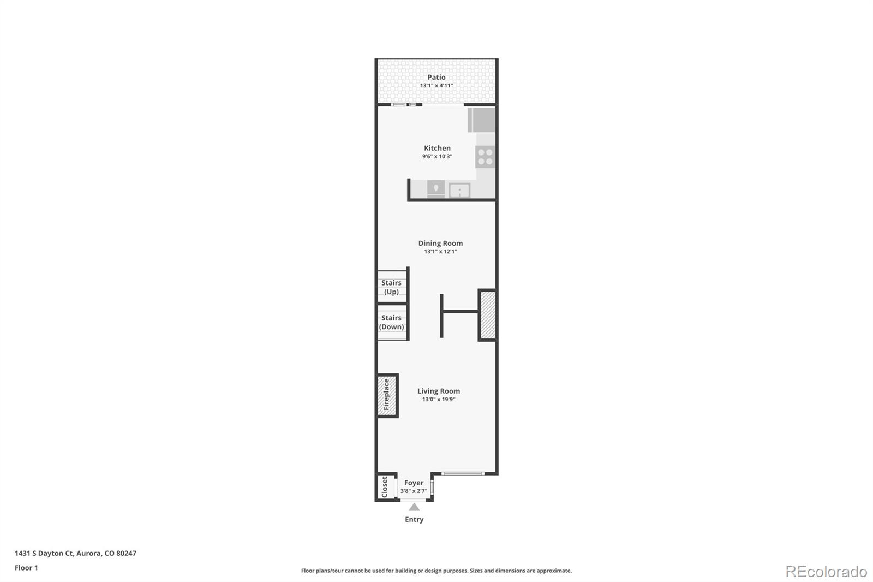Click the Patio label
click(x=436, y=77)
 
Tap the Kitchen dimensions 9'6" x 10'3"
click(x=437, y=156)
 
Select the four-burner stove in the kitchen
click(x=485, y=157)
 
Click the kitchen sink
click(x=459, y=190)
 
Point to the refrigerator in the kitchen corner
click(x=481, y=120)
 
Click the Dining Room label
click(x=440, y=243)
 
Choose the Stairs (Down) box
click(x=392, y=322)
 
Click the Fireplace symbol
click(x=387, y=395)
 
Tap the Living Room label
click(x=438, y=391)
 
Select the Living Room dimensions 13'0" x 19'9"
click(x=438, y=399)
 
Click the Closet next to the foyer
click(x=385, y=486)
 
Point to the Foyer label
click(x=414, y=483)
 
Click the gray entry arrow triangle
click(x=414, y=507)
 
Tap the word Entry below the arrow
click(x=414, y=519)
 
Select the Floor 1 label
click(x=26, y=568)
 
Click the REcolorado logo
click(x=826, y=572)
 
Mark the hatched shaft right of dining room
click(x=487, y=315)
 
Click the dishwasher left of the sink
click(x=435, y=189)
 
